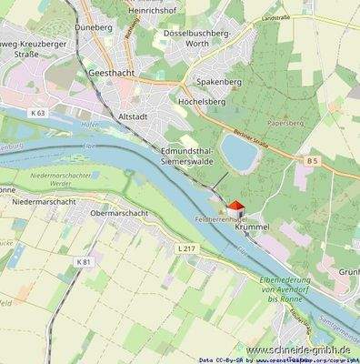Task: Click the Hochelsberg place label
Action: coord(202,102)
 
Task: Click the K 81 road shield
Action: coord(84,262)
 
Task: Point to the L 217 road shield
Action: coord(185,248)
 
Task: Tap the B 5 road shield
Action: coord(312,161)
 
